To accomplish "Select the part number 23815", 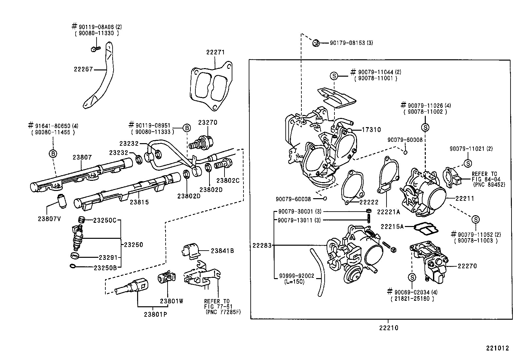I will click(x=139, y=202).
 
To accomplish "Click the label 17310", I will click(x=371, y=130).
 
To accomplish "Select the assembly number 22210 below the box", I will click(x=389, y=328).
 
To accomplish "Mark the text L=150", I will click(x=294, y=281).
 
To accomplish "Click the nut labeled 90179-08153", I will click(x=316, y=43).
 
